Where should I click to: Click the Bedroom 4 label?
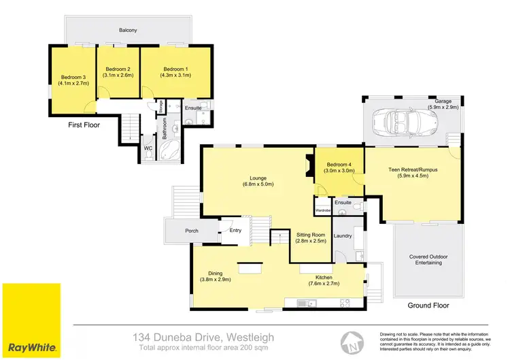click(339, 165)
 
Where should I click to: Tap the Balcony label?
click(128, 30)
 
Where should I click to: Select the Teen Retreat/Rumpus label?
click(412, 169)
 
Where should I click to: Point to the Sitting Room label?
click(310, 233)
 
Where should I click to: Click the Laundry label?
click(342, 236)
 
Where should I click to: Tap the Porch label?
click(192, 231)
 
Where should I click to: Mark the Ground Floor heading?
click(428, 306)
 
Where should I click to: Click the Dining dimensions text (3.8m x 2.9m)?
click(216, 279)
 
